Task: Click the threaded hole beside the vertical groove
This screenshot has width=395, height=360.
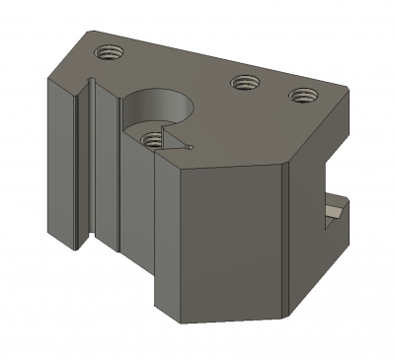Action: (x=107, y=51)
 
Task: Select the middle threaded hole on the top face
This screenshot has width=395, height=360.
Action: (x=243, y=84)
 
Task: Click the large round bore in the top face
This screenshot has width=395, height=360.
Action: (x=158, y=106)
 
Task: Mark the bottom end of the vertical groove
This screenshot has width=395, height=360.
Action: (x=86, y=242)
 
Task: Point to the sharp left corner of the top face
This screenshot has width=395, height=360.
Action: (x=46, y=77)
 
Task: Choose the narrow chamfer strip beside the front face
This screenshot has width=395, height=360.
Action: (x=287, y=237)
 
